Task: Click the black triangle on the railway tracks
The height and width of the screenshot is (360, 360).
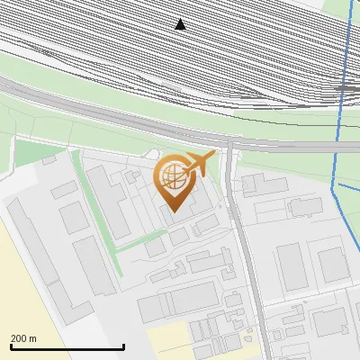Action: click(x=181, y=24)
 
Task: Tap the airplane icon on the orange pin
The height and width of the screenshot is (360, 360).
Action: click(x=199, y=165)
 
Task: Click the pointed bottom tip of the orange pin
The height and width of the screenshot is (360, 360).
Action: click(x=174, y=211)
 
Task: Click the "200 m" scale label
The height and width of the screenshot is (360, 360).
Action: click(x=24, y=338)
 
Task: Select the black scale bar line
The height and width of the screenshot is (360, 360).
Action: click(x=67, y=346)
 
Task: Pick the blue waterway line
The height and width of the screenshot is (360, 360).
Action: click(x=339, y=135)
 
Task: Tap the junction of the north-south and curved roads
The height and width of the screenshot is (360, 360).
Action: click(x=231, y=144)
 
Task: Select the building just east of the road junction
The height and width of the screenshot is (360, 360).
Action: click(x=265, y=185)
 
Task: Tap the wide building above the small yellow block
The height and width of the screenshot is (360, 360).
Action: click(x=178, y=301)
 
